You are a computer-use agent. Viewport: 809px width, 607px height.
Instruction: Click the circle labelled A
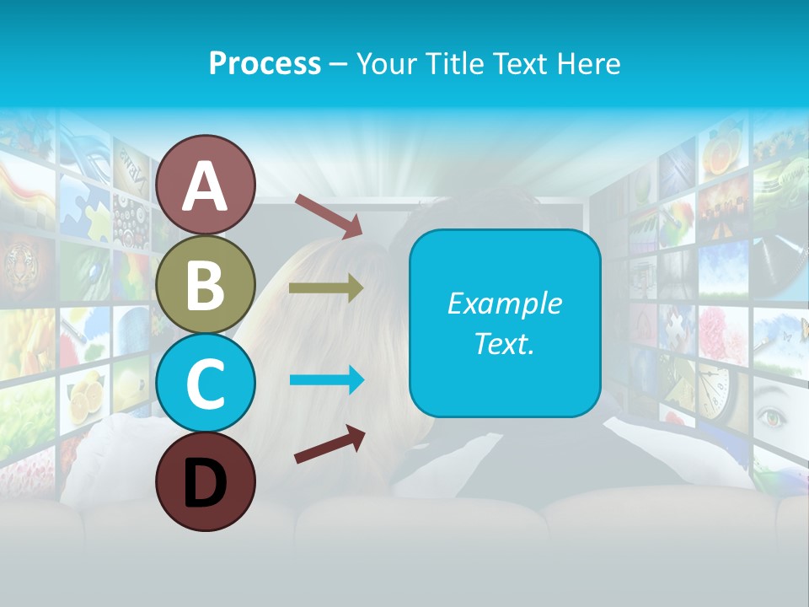point(206,185)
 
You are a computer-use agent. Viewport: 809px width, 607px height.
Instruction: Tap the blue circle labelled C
point(206,383)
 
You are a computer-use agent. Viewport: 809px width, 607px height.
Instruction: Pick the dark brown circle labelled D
point(206,481)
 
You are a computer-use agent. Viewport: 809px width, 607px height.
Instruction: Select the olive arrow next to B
point(326,288)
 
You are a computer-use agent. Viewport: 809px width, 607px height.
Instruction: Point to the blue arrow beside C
point(327,380)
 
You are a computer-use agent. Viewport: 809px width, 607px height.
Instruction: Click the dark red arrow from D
point(329,444)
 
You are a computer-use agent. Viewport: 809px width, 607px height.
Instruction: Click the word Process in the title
point(265,63)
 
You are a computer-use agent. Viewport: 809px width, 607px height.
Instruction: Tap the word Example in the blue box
point(504,303)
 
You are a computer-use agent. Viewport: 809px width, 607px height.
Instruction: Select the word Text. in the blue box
point(504,344)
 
